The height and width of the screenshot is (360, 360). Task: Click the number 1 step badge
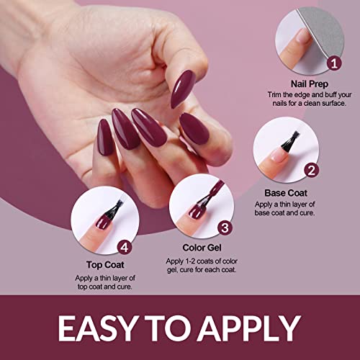(x=334, y=63)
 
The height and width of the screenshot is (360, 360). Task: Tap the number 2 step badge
(x=311, y=171)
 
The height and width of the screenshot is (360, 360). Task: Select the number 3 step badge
(x=225, y=228)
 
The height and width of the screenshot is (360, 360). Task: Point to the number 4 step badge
(x=125, y=247)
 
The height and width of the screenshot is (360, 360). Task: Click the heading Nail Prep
(x=310, y=84)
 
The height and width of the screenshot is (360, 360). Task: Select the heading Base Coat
(x=286, y=193)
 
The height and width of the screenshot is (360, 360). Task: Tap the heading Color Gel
(x=202, y=248)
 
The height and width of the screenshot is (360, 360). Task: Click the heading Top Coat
(x=105, y=265)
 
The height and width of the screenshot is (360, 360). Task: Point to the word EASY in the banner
(x=96, y=328)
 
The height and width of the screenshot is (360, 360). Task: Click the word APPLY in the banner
(x=251, y=328)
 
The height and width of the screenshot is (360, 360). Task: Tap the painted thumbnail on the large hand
(x=183, y=89)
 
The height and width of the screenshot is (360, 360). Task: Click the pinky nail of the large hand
(x=104, y=137)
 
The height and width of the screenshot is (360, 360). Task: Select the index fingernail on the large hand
(x=194, y=128)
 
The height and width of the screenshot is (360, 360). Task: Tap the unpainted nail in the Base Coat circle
(x=279, y=155)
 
